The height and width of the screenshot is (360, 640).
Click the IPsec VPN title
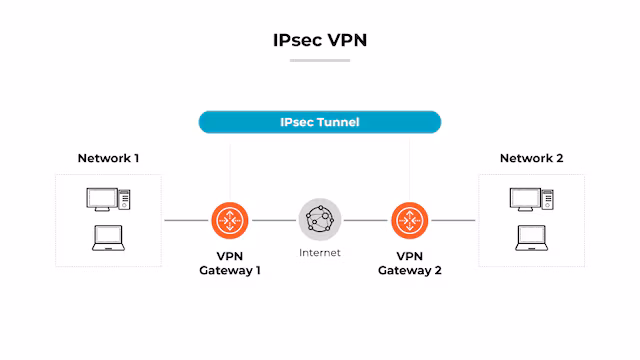tap(320, 41)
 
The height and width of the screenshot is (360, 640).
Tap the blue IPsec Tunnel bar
tap(320, 122)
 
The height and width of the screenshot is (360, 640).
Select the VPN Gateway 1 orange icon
tap(231, 220)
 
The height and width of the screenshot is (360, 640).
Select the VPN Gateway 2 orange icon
tap(409, 220)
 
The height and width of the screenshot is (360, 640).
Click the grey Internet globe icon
tap(320, 219)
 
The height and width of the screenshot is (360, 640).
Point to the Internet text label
tap(320, 253)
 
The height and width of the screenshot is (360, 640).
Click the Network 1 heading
tap(109, 158)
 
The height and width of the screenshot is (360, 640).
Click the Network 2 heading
tap(531, 158)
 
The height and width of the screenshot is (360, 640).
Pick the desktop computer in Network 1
tap(109, 199)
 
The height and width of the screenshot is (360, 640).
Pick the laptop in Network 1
tap(108, 238)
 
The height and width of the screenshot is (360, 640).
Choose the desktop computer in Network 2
tap(531, 199)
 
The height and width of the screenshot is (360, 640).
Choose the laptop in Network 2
tap(531, 238)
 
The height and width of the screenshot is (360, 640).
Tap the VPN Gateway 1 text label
tap(231, 262)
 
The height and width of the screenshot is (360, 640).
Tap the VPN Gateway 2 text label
tap(409, 262)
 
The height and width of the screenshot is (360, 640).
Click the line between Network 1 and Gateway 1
tap(187, 220)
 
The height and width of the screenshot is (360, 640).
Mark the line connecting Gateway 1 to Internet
tap(275, 220)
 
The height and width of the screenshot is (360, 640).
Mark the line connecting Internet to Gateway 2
tap(366, 220)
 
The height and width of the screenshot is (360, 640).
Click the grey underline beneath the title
tap(320, 60)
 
